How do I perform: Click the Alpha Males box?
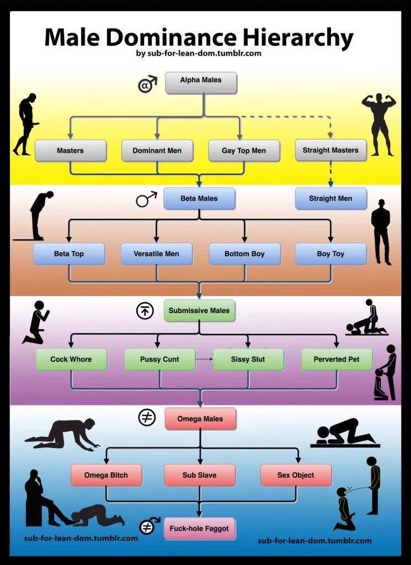201,83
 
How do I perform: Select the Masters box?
71,151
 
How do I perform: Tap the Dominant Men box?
157,151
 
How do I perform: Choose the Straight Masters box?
331,150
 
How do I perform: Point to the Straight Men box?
331,198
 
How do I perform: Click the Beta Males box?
199,198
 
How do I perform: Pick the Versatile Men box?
157,254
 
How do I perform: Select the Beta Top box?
69,254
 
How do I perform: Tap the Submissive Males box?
199,310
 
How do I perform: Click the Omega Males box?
200,419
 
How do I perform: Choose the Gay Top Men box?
244,151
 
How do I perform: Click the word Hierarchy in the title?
298,38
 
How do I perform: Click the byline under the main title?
199,54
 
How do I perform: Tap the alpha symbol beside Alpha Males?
147,84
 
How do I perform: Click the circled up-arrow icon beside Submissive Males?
145,310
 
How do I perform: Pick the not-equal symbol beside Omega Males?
147,418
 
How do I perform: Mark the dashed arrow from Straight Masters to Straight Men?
331,175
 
